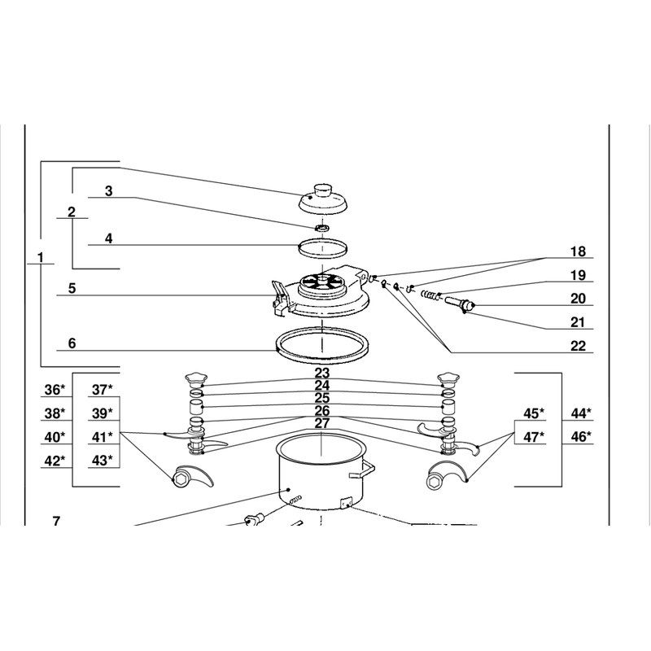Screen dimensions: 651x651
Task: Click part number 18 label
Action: pyautogui.click(x=578, y=251)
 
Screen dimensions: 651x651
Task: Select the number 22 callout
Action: pyautogui.click(x=578, y=345)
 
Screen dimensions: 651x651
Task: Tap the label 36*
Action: pyautogui.click(x=55, y=390)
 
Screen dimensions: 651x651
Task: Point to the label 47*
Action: pyautogui.click(x=534, y=437)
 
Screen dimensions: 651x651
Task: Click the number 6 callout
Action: pyautogui.click(x=72, y=343)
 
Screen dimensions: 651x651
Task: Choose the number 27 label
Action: pyautogui.click(x=321, y=423)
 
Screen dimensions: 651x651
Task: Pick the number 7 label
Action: pyautogui.click(x=56, y=521)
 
